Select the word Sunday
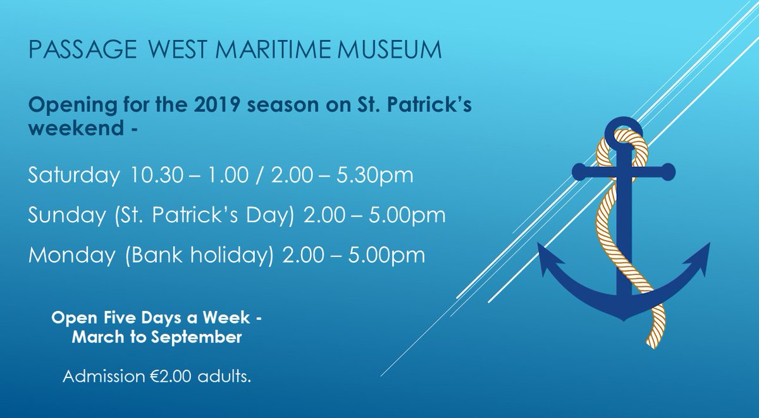60,215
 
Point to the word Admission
102,377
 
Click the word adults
228,377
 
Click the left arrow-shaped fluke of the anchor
549,261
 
